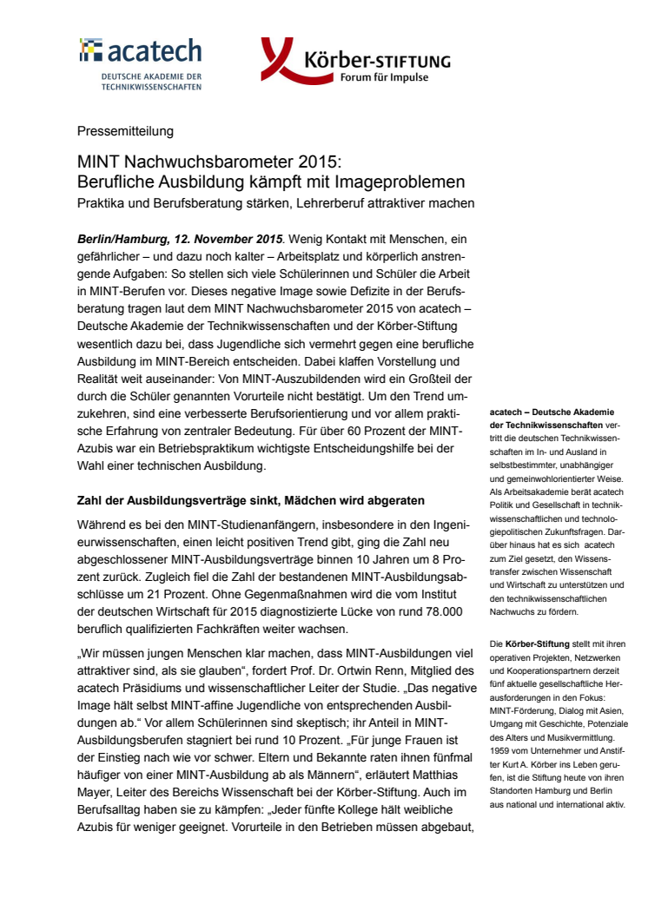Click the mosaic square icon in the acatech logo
tap(90, 51)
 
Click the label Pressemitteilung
tap(125, 131)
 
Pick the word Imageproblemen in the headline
tap(402, 182)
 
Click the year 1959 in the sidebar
tap(502, 749)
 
